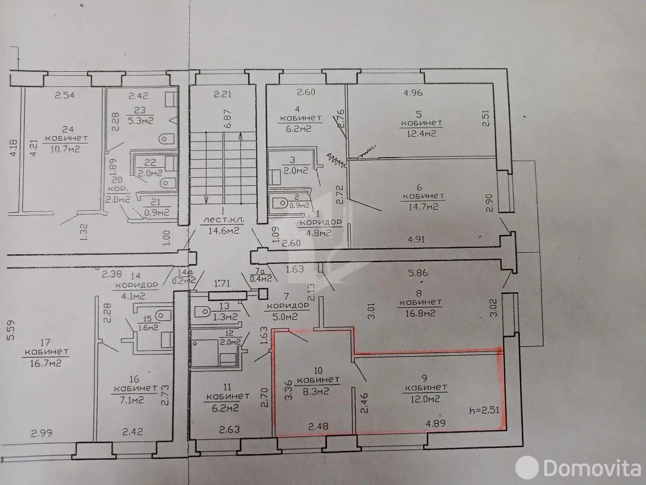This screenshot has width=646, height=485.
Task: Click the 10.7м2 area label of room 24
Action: [x=65, y=149]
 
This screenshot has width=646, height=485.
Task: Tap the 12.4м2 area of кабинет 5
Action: [x=421, y=133]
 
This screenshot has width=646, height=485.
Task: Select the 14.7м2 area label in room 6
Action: [x=423, y=207]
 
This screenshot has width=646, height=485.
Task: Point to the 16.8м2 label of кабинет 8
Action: [x=420, y=313]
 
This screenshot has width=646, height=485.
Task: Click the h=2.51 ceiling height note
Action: [x=484, y=410]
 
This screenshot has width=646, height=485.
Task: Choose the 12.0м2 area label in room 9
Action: [x=425, y=399]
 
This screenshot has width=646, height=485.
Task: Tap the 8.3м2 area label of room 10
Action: [x=316, y=391]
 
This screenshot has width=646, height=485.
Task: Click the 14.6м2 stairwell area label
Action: [x=224, y=230]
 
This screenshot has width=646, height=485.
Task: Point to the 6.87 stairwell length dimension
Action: [x=228, y=119]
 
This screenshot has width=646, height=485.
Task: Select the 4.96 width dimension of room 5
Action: [x=413, y=93]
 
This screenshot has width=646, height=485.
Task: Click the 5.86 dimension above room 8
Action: [x=418, y=273]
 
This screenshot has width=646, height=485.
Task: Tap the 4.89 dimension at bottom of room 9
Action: [x=436, y=423]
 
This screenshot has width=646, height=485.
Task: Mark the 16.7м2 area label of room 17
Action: [x=45, y=363]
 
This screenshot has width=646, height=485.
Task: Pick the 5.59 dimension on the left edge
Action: [x=11, y=330]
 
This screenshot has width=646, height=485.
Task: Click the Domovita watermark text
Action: [x=592, y=467]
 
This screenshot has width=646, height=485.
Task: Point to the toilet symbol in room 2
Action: [x=281, y=203]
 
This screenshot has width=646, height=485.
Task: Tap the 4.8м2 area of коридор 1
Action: [x=319, y=233]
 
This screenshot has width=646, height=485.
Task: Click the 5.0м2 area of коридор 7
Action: [x=286, y=317]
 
